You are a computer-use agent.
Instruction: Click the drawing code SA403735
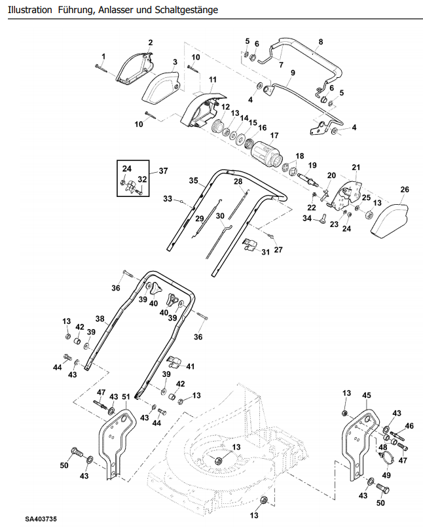41,519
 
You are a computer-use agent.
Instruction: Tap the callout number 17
274,135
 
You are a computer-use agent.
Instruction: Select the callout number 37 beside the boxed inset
163,171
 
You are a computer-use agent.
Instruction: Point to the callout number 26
405,190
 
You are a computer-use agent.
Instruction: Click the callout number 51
126,397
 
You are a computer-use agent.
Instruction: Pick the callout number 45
367,395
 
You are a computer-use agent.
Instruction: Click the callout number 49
386,475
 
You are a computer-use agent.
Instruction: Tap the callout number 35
194,181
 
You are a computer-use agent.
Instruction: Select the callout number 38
100,319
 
